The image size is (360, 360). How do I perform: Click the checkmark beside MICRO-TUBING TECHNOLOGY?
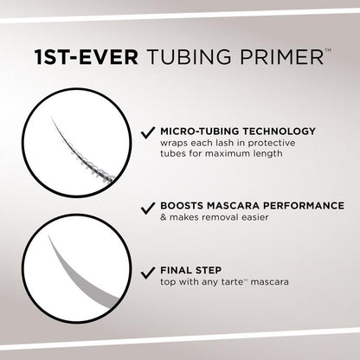coord(145,133)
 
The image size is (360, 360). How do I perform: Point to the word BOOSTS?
coord(177,205)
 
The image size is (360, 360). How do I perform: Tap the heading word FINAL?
coord(173,269)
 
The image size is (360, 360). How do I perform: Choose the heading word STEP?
coord(204,269)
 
